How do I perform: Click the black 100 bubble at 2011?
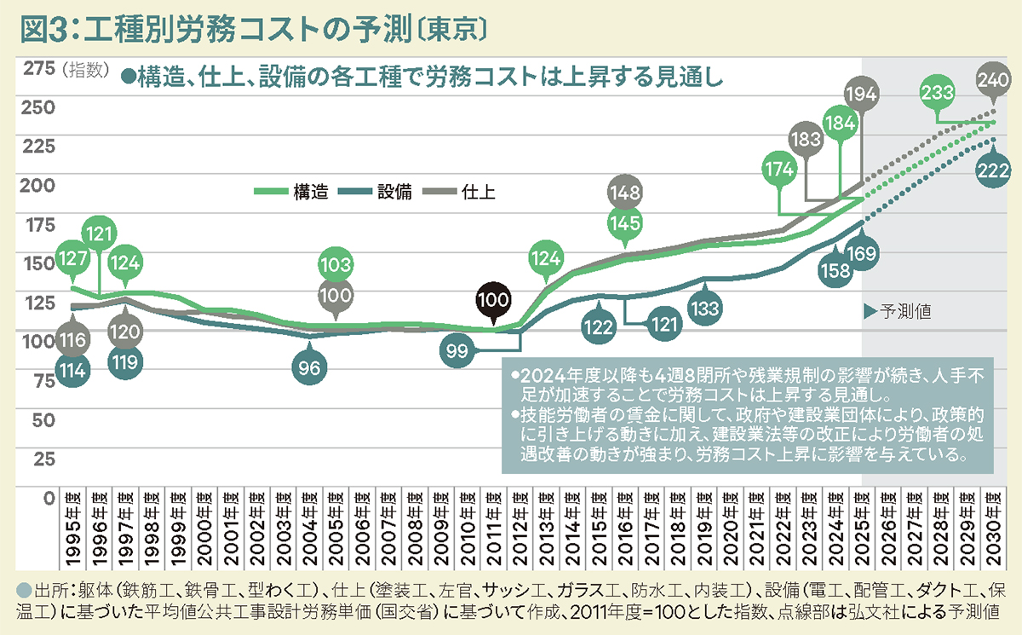[x=494, y=300]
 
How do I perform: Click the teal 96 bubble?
[x=310, y=368]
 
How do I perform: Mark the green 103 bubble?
[x=336, y=264]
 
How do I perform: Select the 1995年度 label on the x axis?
[x=72, y=532]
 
